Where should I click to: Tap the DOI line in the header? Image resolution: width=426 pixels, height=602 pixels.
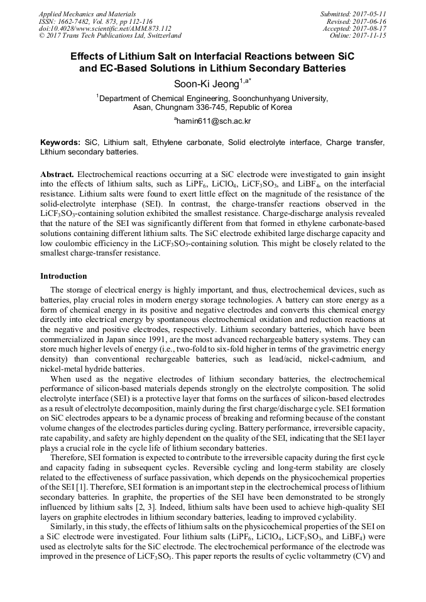coord(104,29)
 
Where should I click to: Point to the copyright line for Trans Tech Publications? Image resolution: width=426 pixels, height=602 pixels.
coord(110,36)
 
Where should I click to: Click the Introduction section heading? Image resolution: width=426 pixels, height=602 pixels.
coord(63,276)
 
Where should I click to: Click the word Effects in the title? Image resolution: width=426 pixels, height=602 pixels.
coord(90,55)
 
